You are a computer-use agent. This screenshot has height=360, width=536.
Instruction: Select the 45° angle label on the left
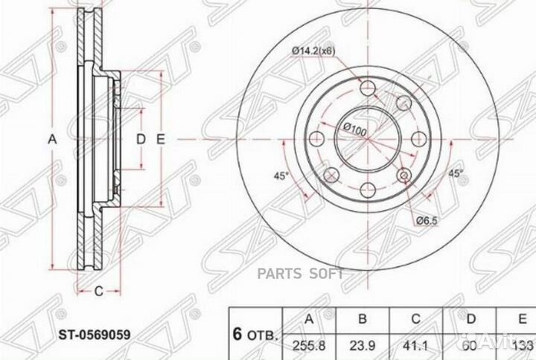click(x=281, y=176)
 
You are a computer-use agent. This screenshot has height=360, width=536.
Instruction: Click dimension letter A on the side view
click(x=51, y=139)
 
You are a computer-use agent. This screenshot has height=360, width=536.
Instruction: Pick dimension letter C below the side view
click(x=98, y=291)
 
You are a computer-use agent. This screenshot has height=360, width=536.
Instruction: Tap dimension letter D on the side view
click(x=139, y=139)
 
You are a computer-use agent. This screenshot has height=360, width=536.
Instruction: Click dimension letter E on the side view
click(x=159, y=139)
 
